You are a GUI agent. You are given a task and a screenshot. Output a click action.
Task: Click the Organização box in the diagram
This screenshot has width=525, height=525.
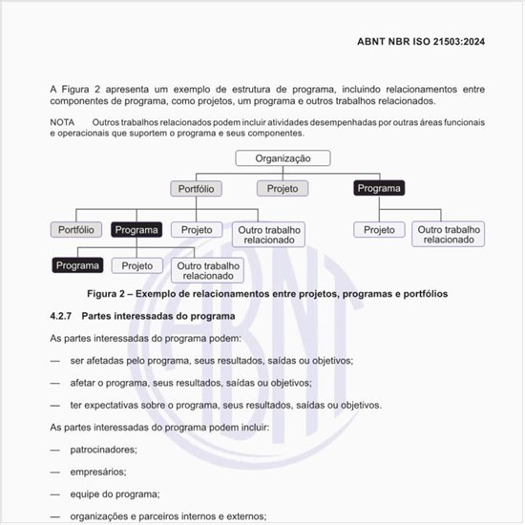tap(293, 159)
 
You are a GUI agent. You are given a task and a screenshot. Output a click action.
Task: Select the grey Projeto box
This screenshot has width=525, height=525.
tap(282, 189)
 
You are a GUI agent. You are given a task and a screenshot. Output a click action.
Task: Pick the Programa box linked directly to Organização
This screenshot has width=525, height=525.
tap(378, 189)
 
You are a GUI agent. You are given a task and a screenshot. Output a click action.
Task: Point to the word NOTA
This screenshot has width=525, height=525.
tap(62, 123)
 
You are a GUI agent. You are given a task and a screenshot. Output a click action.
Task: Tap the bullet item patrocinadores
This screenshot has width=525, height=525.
tap(103, 449)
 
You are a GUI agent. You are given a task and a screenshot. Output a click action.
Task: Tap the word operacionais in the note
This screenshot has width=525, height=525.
tap(81, 135)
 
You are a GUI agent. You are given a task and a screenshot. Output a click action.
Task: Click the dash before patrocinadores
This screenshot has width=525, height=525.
tap(55, 449)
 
